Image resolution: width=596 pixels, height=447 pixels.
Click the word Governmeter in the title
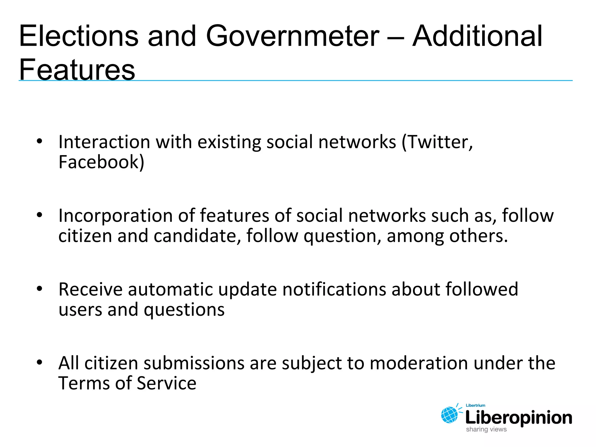292,36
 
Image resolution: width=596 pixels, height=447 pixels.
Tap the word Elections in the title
79,36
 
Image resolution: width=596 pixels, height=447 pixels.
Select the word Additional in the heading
477,36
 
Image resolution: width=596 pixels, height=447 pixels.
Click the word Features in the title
77,70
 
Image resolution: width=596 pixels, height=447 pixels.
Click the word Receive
91,290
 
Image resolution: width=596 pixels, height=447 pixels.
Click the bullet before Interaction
40,141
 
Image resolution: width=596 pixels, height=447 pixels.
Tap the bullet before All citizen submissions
40,363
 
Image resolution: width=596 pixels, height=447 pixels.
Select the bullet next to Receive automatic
40,289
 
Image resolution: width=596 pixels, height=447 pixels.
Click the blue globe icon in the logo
449,415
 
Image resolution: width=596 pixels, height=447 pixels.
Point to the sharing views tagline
486,429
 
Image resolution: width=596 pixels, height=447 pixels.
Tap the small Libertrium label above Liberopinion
476,405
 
